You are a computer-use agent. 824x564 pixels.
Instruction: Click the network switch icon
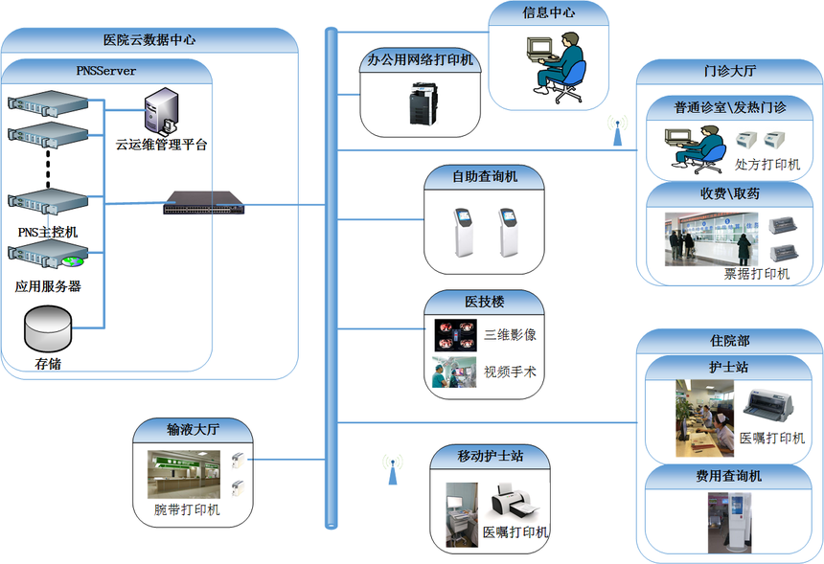point(203,202)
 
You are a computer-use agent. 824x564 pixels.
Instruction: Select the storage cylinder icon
point(48,328)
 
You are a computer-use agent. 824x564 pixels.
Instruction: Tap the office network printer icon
point(422,102)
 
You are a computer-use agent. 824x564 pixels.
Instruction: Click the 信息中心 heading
point(549,12)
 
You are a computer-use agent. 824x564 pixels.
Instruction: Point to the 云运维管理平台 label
point(161,145)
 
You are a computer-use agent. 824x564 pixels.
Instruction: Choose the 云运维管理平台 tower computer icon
point(161,111)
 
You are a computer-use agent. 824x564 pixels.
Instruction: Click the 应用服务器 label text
point(48,286)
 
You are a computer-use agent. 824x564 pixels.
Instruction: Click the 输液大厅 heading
point(194,429)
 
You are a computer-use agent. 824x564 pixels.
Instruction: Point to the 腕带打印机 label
point(187,509)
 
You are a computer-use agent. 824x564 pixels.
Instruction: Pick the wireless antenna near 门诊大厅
point(616,130)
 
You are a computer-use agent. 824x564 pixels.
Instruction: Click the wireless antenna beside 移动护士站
point(392,469)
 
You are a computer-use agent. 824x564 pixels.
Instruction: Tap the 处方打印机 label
point(767,165)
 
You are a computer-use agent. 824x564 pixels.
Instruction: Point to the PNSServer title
point(105,70)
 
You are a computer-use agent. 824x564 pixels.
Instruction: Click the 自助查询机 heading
point(485,176)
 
